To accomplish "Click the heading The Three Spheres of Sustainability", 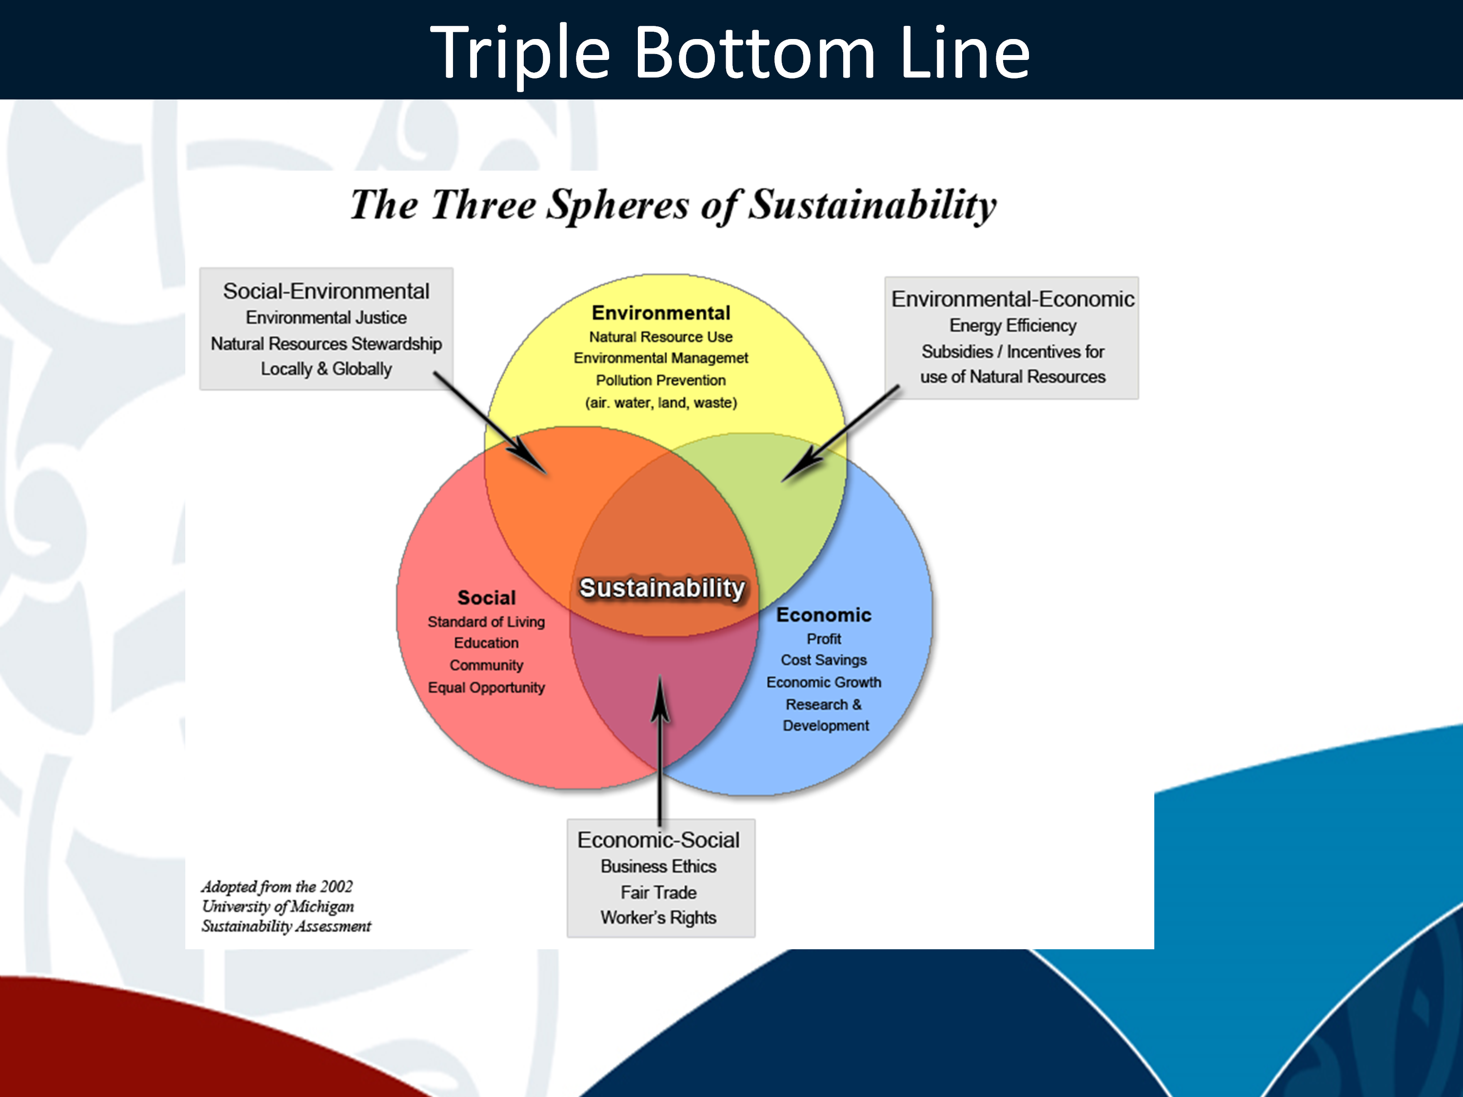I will click(673, 204).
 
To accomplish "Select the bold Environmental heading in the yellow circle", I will click(661, 313).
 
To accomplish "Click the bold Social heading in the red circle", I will click(486, 598).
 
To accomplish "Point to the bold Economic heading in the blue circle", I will click(824, 615).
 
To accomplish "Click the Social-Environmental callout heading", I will click(326, 291).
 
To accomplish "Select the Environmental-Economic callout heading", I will click(1012, 299).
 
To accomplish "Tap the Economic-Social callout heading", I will click(659, 840).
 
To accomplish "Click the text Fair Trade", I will click(659, 893).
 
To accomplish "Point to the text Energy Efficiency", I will click(1012, 325).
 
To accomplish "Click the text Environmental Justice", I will click(326, 317).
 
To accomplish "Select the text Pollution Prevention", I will click(661, 380).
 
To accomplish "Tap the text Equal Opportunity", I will click(486, 687).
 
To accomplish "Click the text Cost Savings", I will click(824, 660).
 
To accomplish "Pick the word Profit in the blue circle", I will click(824, 639).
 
